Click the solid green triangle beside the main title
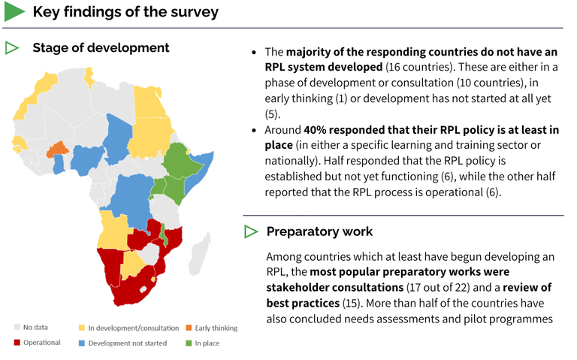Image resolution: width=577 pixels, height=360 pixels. [14, 12]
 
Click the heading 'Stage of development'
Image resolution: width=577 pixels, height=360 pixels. [101, 48]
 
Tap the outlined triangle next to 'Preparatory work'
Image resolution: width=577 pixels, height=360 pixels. [251, 231]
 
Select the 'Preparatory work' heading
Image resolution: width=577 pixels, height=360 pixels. [319, 231]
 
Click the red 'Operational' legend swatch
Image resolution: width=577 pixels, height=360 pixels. [17, 343]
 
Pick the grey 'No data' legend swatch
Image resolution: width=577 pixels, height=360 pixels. [17, 328]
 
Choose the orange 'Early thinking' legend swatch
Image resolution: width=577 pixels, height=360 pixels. [188, 328]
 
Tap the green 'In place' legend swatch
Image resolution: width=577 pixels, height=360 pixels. [188, 343]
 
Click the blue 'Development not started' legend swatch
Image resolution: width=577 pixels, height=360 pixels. [81, 343]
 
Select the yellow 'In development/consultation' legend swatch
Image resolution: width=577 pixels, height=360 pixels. [81, 328]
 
